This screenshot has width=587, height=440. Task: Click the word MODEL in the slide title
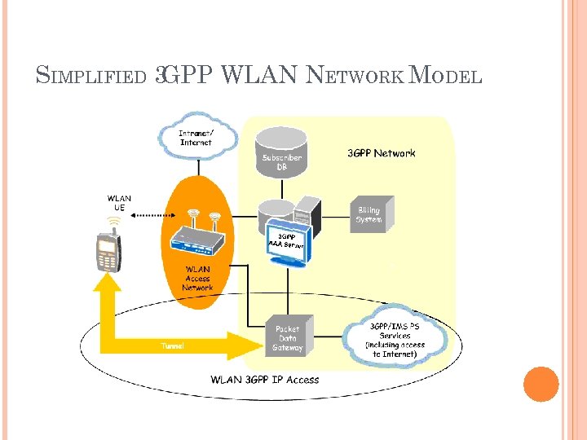pos(447,77)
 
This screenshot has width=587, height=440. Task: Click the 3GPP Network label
pos(382,153)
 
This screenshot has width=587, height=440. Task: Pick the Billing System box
pos(371,214)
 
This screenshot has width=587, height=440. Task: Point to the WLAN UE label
pos(119,202)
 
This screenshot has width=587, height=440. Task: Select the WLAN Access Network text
pos(197,278)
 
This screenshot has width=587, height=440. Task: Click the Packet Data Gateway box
pos(287,337)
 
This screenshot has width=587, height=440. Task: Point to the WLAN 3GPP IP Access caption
pos(265,379)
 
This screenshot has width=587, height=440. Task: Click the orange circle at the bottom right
pos(541,385)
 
